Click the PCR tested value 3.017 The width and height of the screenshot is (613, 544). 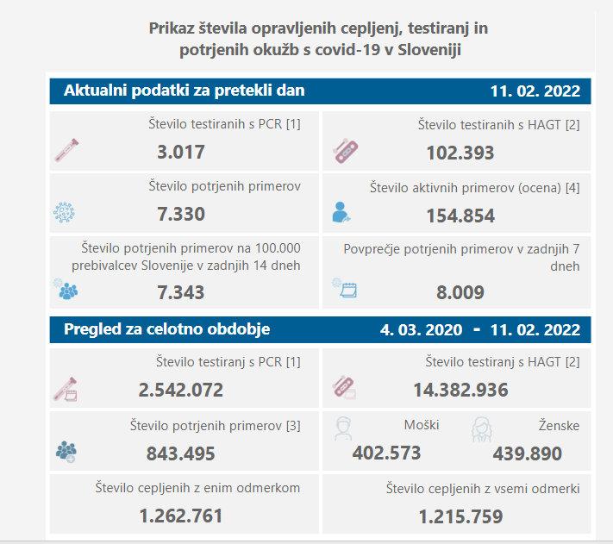click(181, 153)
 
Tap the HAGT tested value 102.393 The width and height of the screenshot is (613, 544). click(460, 153)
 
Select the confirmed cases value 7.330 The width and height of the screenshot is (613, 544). click(181, 215)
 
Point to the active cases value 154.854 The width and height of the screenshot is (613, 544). click(460, 216)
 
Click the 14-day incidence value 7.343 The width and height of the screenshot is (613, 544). click(181, 292)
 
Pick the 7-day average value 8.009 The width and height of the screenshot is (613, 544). click(460, 292)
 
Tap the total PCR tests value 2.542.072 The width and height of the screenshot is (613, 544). click(181, 390)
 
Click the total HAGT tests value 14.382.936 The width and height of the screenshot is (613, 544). click(460, 390)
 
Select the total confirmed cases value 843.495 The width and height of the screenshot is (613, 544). click(181, 453)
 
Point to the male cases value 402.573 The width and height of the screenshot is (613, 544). click(386, 453)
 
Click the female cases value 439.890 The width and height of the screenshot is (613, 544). click(528, 453)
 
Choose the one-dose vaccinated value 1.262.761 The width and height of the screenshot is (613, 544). click(181, 516)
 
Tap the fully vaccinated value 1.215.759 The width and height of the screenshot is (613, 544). click(460, 516)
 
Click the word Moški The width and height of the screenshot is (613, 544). click(422, 425)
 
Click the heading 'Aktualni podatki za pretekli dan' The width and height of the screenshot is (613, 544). click(184, 91)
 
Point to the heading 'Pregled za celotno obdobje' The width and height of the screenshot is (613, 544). click(166, 328)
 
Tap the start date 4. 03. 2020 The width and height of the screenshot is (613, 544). click(419, 329)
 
